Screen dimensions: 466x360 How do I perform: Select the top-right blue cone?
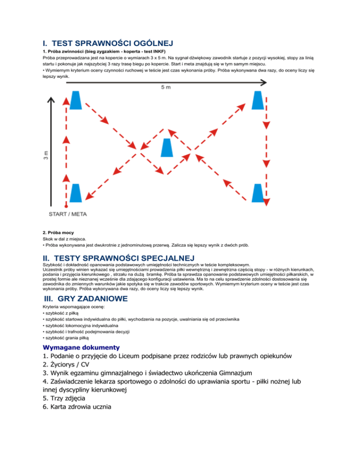click(x=256, y=99)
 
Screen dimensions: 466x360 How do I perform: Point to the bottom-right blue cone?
click(x=257, y=192)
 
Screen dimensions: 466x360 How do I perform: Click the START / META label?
click(x=68, y=214)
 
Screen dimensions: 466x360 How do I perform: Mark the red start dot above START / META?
click(x=66, y=206)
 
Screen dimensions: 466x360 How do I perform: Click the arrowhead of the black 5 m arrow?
click(x=264, y=82)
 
